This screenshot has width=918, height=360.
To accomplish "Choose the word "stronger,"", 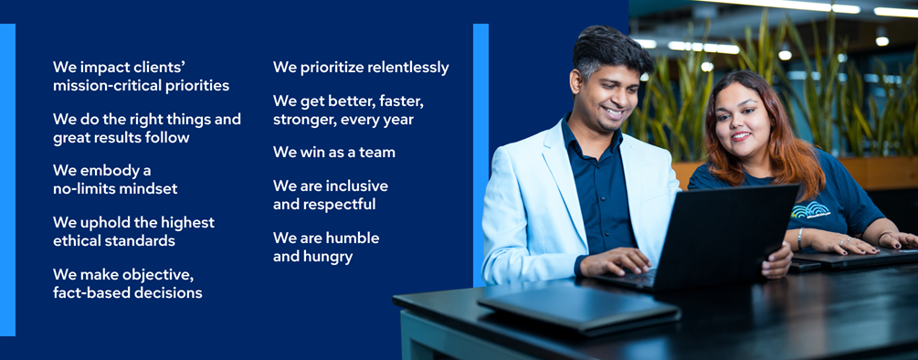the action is tap(300, 120).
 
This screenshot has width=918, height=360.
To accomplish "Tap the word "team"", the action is tap(377, 153).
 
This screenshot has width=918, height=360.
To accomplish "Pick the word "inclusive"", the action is tap(356, 186).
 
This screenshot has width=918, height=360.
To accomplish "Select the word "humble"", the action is tap(353, 238).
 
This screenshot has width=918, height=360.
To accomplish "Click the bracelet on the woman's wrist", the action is tap(800, 238).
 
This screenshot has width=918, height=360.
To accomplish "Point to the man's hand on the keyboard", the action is tap(614, 261).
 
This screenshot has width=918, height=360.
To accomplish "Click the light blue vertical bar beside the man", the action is tap(480, 155).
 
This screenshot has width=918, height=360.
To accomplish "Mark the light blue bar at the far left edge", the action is tap(7, 180).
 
